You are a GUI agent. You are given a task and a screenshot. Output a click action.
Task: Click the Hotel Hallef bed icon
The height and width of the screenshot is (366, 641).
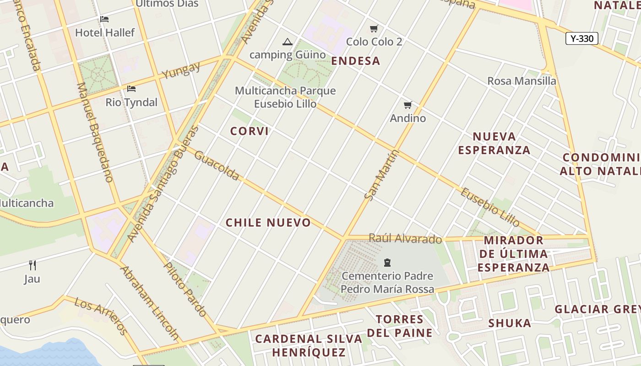pyautogui.click(x=104, y=19)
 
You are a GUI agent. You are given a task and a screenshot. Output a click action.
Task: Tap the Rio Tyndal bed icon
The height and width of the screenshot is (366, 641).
pyautogui.click(x=131, y=88)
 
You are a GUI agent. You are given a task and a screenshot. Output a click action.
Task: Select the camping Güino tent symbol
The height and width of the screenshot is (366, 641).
pyautogui.click(x=288, y=42)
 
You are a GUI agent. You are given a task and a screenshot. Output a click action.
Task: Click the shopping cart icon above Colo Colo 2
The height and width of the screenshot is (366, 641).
pyautogui.click(x=374, y=28)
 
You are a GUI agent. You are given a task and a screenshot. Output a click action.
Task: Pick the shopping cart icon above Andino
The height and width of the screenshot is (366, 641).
pyautogui.click(x=408, y=105)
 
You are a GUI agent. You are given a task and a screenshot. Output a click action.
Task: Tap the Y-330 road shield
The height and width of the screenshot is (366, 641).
pyautogui.click(x=582, y=38)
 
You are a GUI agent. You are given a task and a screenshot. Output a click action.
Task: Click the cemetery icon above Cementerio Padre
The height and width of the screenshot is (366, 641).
pyautogui.click(x=387, y=263)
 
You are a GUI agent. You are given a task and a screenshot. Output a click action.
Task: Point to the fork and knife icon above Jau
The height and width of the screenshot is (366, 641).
pyautogui.click(x=33, y=265)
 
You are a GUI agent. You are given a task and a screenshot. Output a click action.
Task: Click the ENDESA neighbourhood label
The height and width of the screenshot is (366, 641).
pyautogui.click(x=356, y=61)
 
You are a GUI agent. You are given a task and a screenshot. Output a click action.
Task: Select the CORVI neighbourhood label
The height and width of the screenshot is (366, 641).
pyautogui.click(x=250, y=131)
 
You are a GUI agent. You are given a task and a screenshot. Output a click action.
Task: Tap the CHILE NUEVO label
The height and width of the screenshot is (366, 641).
pyautogui.click(x=268, y=223)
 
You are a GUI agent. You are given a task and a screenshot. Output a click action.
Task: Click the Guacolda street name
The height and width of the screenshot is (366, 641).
pyautogui.click(x=217, y=165)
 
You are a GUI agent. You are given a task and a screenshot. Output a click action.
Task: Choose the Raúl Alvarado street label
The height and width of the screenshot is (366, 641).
pyautogui.click(x=405, y=238)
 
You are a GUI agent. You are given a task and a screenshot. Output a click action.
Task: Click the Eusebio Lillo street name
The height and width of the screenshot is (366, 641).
pyautogui.click(x=490, y=207)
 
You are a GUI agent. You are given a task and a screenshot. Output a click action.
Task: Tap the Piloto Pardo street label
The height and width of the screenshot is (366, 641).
pyautogui.click(x=185, y=289)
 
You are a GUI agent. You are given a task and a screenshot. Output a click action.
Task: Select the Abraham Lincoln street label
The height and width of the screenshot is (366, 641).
pyautogui.click(x=149, y=302)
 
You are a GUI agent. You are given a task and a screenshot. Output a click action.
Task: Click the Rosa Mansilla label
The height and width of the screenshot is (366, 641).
pyautogui.click(x=521, y=81)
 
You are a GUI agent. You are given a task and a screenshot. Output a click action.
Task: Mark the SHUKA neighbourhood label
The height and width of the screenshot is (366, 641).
pyautogui.click(x=510, y=323)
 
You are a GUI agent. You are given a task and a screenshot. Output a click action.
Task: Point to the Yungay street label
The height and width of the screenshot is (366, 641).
pyautogui.click(x=181, y=70)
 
